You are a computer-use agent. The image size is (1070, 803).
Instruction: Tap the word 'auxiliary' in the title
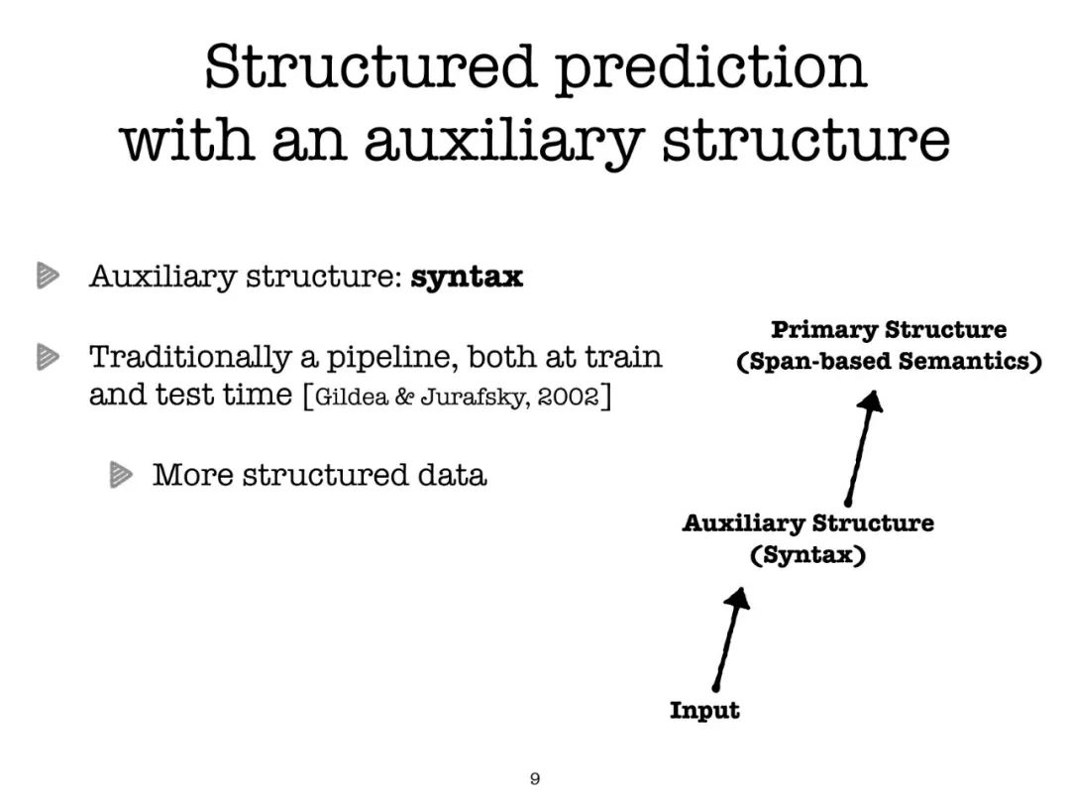(x=504, y=142)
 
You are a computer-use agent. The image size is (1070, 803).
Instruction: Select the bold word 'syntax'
(x=467, y=278)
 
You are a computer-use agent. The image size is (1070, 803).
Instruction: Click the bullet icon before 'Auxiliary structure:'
(x=48, y=276)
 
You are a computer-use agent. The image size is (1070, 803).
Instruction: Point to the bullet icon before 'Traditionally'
(x=48, y=357)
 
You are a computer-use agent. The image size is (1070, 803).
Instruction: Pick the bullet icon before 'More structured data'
(x=121, y=475)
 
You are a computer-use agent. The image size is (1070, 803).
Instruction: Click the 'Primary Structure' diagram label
(x=889, y=330)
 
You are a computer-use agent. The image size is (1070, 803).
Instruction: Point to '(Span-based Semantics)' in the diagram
(x=889, y=361)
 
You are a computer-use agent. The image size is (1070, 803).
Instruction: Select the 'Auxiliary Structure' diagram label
(x=808, y=523)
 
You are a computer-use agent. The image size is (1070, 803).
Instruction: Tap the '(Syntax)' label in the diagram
(x=808, y=554)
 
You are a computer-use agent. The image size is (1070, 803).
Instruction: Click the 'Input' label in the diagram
(x=704, y=710)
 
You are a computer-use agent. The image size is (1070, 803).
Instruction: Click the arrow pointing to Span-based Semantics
(x=861, y=448)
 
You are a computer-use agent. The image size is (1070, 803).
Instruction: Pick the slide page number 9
(x=535, y=778)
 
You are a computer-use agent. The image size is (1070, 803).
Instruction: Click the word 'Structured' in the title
(x=370, y=66)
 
